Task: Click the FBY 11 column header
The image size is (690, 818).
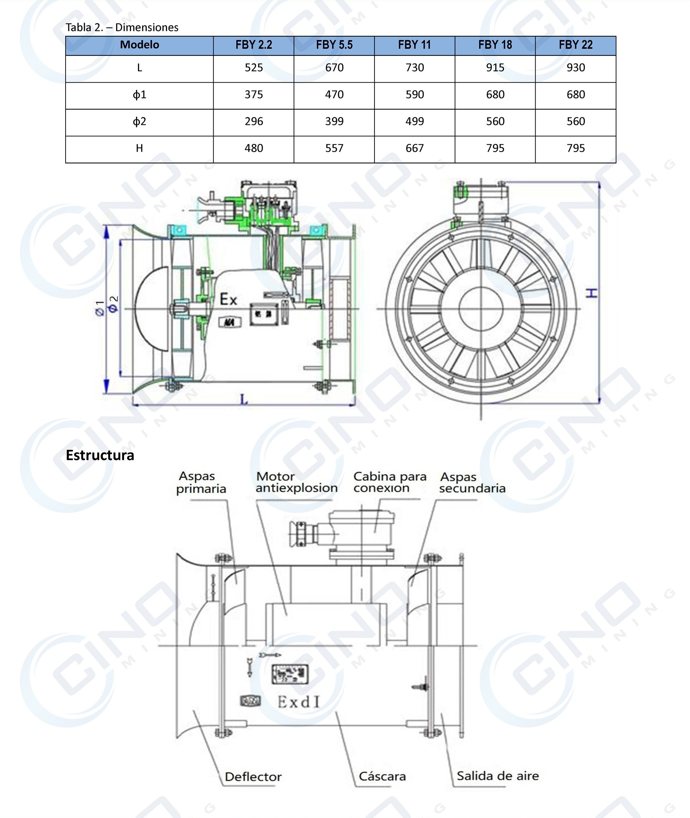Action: pos(414,45)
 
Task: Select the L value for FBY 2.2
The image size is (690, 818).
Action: pos(253,68)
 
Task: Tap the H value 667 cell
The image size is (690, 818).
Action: pos(414,149)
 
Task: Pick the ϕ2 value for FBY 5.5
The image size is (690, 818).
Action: pos(334,121)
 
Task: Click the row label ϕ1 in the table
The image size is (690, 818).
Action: pos(139,95)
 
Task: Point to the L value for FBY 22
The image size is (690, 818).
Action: pos(575,68)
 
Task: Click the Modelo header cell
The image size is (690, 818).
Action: pos(139,45)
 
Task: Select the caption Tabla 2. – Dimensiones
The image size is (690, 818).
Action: pos(122,27)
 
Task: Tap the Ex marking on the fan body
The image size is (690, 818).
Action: pos(228,300)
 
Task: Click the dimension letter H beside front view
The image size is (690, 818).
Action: pos(593,293)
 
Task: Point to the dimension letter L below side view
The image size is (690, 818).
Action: pos(243,399)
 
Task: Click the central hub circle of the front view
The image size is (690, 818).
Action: pos(481,309)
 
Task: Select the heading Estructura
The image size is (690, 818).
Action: pos(100,455)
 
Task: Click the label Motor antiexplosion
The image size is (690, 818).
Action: pos(296,482)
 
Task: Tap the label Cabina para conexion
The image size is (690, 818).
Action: pos(389,482)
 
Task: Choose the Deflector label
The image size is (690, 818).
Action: pos(253,777)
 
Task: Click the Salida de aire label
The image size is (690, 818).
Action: pos(498,776)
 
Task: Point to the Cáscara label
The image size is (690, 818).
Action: pos(382,776)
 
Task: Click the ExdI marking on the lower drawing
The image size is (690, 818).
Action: pos(299,702)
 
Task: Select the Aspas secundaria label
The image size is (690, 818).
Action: pos(472,483)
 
